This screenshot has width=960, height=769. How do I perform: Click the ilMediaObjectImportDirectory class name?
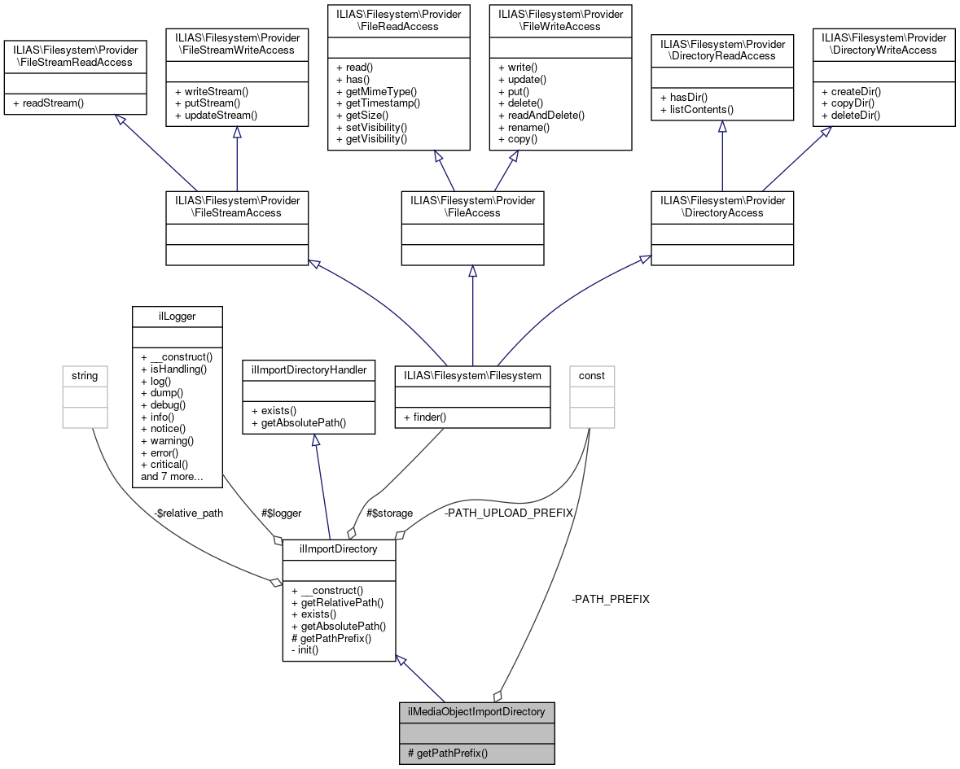[x=476, y=711]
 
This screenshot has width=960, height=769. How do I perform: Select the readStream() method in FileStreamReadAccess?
[x=48, y=103]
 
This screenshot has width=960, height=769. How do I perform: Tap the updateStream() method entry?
[x=215, y=116]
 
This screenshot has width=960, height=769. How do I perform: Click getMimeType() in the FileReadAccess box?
[x=376, y=91]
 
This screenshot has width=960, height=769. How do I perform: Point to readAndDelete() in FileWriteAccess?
[x=541, y=116]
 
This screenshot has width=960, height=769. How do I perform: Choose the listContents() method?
[x=697, y=109]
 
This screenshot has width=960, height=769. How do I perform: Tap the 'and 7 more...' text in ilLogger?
[x=172, y=476]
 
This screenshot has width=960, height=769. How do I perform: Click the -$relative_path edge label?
[x=188, y=513]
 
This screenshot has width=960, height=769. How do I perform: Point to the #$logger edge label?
[x=281, y=513]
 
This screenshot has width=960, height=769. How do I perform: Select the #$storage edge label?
[x=389, y=513]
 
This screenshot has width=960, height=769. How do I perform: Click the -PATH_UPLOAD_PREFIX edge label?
[x=508, y=513]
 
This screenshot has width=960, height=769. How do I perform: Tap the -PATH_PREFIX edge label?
[x=611, y=599]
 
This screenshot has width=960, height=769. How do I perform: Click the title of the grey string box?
[x=85, y=375]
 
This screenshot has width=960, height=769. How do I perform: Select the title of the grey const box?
[x=592, y=375]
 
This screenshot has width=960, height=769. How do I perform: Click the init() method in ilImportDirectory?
[x=308, y=650]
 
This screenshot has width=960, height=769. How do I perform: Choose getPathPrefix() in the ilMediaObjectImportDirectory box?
[x=448, y=754]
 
